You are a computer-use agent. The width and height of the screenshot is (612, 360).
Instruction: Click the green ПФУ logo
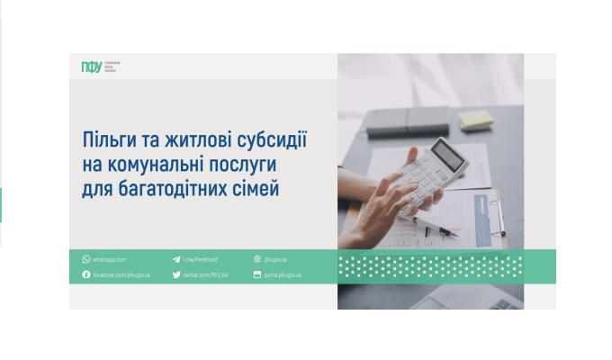coord(91,67)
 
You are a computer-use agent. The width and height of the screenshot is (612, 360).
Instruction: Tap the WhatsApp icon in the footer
coord(86,259)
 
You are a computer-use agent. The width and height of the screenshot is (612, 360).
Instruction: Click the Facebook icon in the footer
coord(86,274)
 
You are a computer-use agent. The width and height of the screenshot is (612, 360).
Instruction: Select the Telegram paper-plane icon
coord(176,259)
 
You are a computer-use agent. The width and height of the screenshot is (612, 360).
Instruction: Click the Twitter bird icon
coord(176,274)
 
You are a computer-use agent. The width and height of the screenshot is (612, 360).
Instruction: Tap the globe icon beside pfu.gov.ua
coord(257,259)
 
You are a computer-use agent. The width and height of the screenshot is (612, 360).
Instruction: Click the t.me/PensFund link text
coord(200,259)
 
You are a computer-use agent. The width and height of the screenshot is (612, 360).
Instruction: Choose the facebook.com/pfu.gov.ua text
coord(121,274)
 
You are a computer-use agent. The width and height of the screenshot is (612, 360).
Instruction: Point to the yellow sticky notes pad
coord(475,120)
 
